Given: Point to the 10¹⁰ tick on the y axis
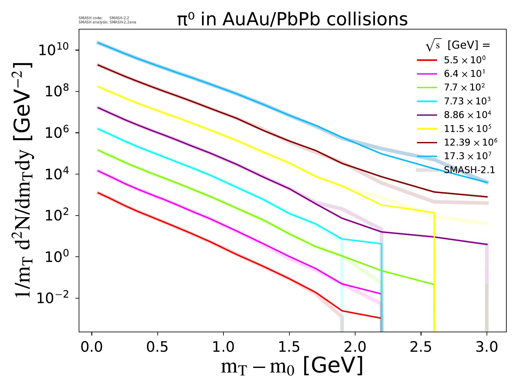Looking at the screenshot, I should click(53, 51).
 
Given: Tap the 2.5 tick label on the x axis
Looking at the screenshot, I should click(421, 347).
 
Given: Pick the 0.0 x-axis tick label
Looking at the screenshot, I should click(92, 347).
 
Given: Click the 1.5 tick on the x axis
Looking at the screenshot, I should click(289, 347).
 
